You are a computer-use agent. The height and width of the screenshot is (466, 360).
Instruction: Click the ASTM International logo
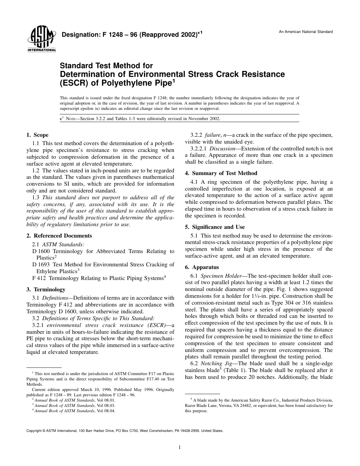(x=41, y=40)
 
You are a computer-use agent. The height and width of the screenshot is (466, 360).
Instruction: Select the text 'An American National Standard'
(x=306, y=32)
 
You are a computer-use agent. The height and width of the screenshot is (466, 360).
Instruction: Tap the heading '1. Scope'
(x=37, y=135)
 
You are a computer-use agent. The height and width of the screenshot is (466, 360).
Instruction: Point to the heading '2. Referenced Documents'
(x=59, y=236)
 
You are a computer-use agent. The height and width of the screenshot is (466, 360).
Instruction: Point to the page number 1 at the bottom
(x=180, y=447)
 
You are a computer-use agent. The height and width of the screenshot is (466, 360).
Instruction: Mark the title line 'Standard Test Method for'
(x=106, y=66)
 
